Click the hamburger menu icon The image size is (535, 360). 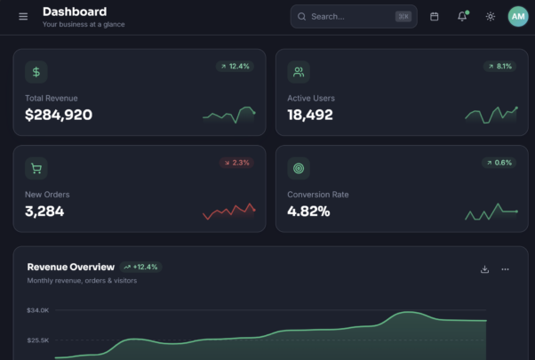[23, 16]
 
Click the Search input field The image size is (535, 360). [354, 16]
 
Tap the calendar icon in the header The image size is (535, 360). [434, 16]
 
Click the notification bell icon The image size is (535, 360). [462, 16]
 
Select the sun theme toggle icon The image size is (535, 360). [491, 16]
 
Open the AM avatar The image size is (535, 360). [518, 16]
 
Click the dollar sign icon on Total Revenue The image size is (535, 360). [36, 72]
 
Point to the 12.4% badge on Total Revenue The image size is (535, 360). [236, 66]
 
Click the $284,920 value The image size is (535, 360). [59, 115]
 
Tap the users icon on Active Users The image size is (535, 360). [299, 72]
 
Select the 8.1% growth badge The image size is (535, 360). [499, 66]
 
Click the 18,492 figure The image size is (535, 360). [310, 115]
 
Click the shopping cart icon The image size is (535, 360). [36, 168]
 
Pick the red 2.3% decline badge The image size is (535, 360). [236, 163]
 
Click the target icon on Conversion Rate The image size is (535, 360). [299, 168]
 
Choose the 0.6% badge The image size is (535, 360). [499, 163]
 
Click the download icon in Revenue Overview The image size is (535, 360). [484, 269]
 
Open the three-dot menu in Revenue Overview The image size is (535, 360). [505, 269]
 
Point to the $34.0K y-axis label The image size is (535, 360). [38, 310]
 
